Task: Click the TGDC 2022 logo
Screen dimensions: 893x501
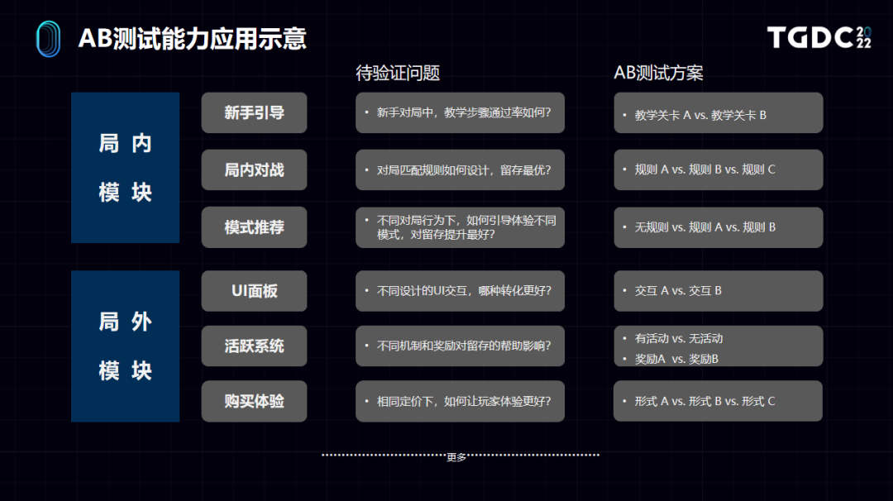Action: tap(819, 37)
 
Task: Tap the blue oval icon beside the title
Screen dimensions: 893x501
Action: tap(49, 39)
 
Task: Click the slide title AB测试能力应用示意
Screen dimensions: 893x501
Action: tap(193, 39)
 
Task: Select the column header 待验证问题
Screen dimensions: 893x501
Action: tap(398, 73)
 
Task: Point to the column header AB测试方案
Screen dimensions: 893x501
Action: tap(658, 73)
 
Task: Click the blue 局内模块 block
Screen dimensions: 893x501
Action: tap(126, 168)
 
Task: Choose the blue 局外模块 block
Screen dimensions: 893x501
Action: tap(126, 346)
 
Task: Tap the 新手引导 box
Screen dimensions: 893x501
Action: tap(254, 112)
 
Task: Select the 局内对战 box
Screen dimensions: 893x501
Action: tap(254, 169)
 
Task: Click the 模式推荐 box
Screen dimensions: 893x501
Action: tap(254, 227)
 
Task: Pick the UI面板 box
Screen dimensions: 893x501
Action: tap(254, 291)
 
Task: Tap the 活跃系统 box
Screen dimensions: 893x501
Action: tap(254, 346)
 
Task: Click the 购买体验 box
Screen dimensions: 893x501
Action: tap(254, 401)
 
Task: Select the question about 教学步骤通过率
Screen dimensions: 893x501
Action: tap(464, 112)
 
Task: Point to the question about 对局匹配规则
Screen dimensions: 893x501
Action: tap(464, 169)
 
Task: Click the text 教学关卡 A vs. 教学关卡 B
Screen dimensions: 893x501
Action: tap(700, 115)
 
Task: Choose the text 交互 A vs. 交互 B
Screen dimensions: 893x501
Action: tap(678, 291)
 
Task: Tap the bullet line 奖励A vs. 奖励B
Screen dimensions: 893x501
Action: tap(676, 360)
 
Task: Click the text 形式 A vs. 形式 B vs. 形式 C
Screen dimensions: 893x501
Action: tap(704, 401)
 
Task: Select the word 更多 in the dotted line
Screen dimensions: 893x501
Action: tap(456, 457)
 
